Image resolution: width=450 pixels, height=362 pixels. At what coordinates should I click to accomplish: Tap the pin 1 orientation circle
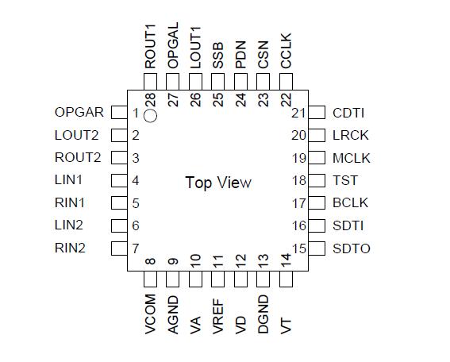[x=152, y=116]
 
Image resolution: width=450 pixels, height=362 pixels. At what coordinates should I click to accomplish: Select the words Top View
[x=218, y=183]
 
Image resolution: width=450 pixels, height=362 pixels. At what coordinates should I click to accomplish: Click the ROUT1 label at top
[x=150, y=48]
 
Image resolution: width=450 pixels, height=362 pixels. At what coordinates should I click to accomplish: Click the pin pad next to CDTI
[x=317, y=113]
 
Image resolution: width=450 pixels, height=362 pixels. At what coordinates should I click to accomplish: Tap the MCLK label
[x=352, y=158]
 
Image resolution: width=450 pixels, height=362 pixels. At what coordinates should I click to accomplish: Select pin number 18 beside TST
[x=298, y=181]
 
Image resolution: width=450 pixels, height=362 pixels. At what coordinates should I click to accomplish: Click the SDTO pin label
[x=352, y=248]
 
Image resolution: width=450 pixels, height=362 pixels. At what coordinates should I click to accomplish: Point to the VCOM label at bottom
[x=150, y=314]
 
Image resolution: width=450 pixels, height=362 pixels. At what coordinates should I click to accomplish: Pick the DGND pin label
[x=263, y=314]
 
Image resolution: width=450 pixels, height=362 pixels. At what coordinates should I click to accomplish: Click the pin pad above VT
[x=287, y=280]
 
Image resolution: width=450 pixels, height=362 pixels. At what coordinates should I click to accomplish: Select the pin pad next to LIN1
[x=119, y=181]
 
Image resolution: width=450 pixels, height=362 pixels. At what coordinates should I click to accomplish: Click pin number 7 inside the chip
[x=136, y=248]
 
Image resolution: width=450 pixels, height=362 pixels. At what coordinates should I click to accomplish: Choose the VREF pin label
[x=218, y=314]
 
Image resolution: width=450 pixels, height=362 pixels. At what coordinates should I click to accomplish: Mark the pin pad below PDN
[x=241, y=81]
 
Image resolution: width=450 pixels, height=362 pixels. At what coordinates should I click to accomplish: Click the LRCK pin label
[x=351, y=136]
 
